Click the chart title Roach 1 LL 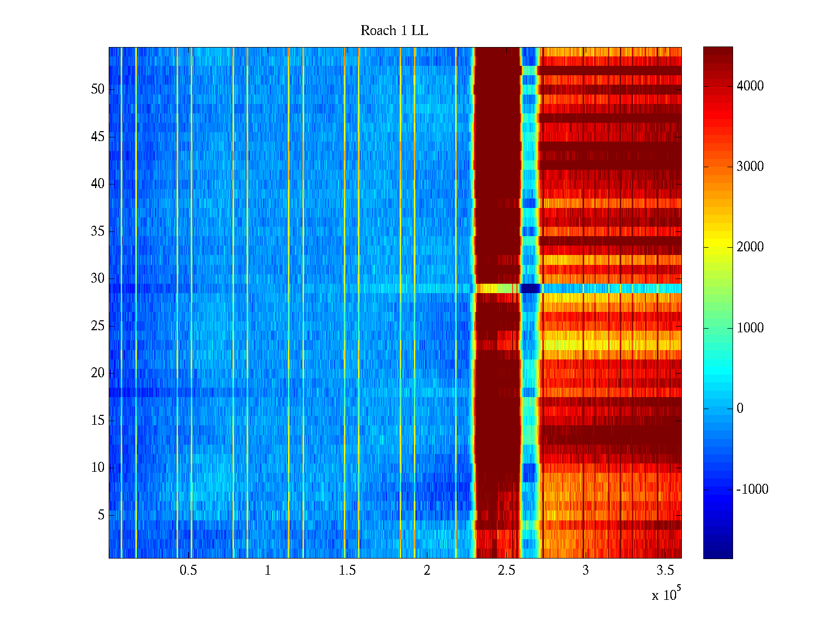pyautogui.click(x=394, y=31)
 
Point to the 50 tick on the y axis pyautogui.click(x=98, y=89)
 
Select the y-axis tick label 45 pyautogui.click(x=98, y=137)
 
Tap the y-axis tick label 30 pyautogui.click(x=98, y=278)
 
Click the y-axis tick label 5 pyautogui.click(x=101, y=515)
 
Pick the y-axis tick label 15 pyautogui.click(x=98, y=421)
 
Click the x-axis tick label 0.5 pyautogui.click(x=188, y=571)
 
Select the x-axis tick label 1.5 pyautogui.click(x=347, y=571)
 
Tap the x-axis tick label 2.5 pyautogui.click(x=506, y=571)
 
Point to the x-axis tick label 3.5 pyautogui.click(x=665, y=571)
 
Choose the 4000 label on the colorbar pyautogui.click(x=750, y=86)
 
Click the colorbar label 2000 pyautogui.click(x=750, y=247)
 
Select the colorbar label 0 pyautogui.click(x=740, y=409)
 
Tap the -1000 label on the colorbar pyautogui.click(x=752, y=490)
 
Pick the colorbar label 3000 pyautogui.click(x=750, y=167)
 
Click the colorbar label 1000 pyautogui.click(x=750, y=328)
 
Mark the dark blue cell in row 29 pyautogui.click(x=530, y=288)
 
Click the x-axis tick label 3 pyautogui.click(x=586, y=571)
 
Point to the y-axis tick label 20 pyautogui.click(x=98, y=373)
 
